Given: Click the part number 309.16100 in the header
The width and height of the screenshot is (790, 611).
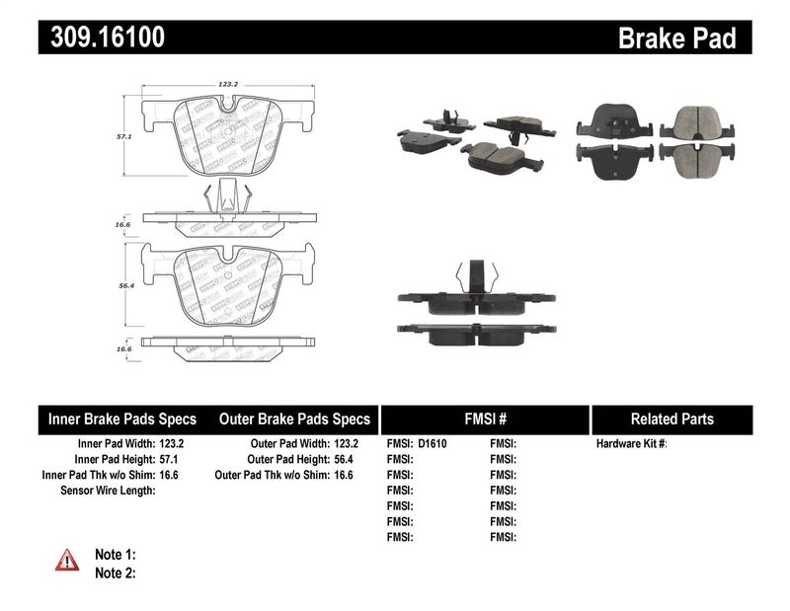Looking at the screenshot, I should pyautogui.click(x=102, y=38).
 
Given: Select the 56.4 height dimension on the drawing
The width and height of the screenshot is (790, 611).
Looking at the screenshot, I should pyautogui.click(x=125, y=286).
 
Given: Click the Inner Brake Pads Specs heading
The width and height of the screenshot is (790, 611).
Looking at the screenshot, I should pyautogui.click(x=122, y=419).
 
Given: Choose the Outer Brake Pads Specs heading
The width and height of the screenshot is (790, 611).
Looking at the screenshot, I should pyautogui.click(x=295, y=419).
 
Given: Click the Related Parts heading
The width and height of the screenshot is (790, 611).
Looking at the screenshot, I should pyautogui.click(x=671, y=419).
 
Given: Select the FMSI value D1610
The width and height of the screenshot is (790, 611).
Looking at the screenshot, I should pyautogui.click(x=433, y=443).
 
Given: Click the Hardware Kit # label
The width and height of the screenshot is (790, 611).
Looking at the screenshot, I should pyautogui.click(x=632, y=443).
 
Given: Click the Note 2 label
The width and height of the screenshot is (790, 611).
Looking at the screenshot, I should pyautogui.click(x=115, y=573).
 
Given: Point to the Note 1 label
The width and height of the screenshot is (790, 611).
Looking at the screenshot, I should pyautogui.click(x=115, y=555).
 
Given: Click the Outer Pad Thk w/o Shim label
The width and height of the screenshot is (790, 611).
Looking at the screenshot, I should pyautogui.click(x=271, y=474).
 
